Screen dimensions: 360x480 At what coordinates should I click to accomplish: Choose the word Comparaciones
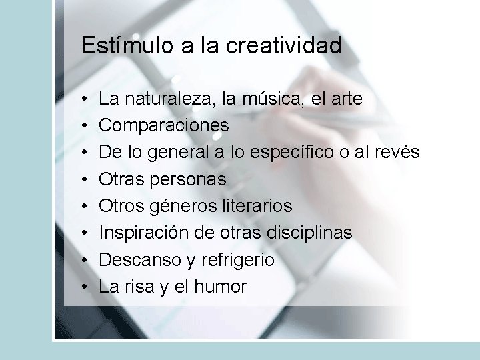pyautogui.click(x=164, y=126)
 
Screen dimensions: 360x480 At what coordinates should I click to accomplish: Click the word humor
pyautogui.click(x=221, y=287)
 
